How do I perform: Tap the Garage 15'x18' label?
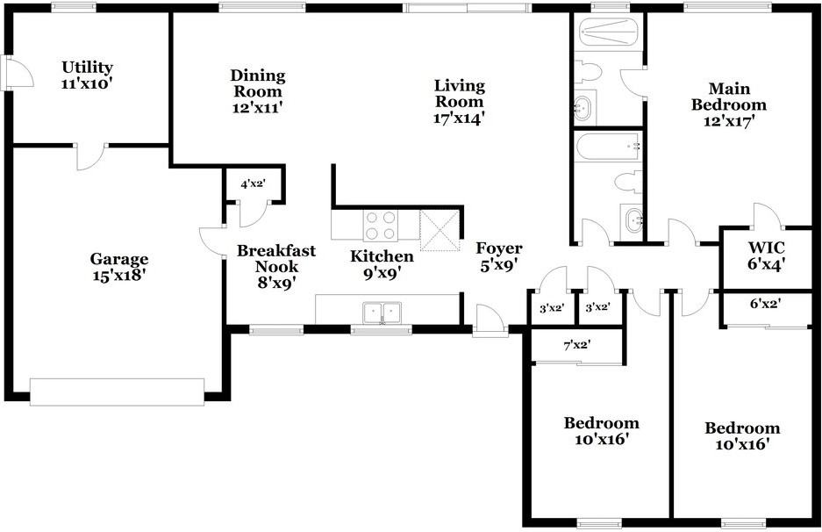119,267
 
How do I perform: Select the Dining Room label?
256,91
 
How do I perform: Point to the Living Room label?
459,100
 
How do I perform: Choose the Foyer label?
498,255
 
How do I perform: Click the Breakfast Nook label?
276,266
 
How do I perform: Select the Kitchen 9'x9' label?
382,264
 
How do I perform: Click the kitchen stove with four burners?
380,226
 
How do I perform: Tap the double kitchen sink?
382,311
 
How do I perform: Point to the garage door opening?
117,392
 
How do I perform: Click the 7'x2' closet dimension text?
576,345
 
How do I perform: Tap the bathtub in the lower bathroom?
607,146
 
